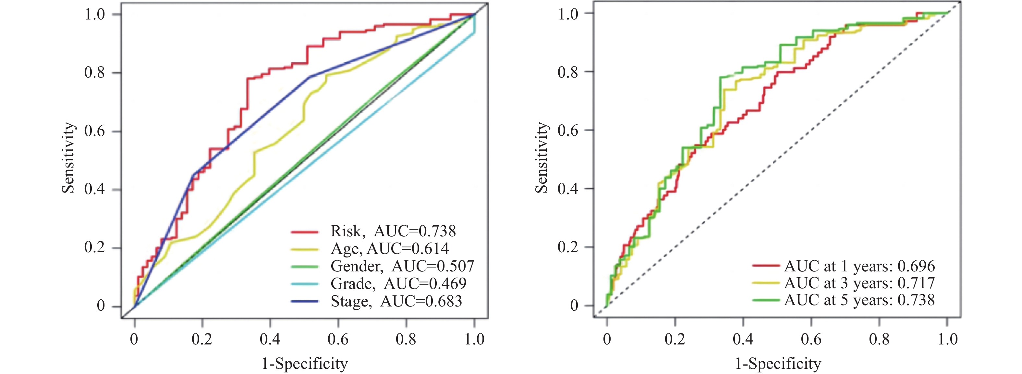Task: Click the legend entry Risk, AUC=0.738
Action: point(393,231)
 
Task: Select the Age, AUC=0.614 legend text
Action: point(390,249)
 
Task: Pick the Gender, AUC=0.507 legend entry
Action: point(402,266)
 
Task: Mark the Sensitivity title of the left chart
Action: point(68,158)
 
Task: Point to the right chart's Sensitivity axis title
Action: point(541,158)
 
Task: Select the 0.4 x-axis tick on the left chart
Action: point(270,339)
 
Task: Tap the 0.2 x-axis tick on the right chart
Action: point(675,339)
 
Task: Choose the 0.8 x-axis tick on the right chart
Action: point(880,339)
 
